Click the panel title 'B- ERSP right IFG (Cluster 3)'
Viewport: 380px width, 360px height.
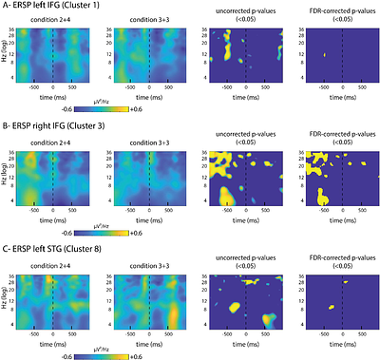pyautogui.click(x=66, y=126)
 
